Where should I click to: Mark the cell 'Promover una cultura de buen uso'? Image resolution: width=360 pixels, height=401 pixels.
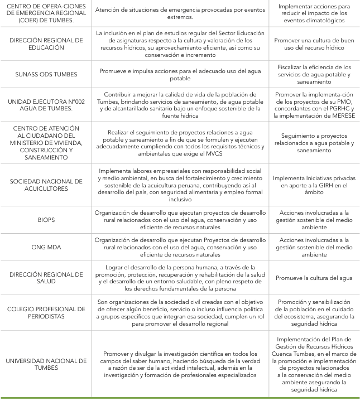tap(315, 45)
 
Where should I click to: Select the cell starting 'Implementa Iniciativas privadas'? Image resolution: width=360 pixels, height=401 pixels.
tap(315, 183)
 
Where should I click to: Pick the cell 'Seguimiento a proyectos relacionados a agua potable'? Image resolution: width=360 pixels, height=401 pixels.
tap(315, 143)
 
